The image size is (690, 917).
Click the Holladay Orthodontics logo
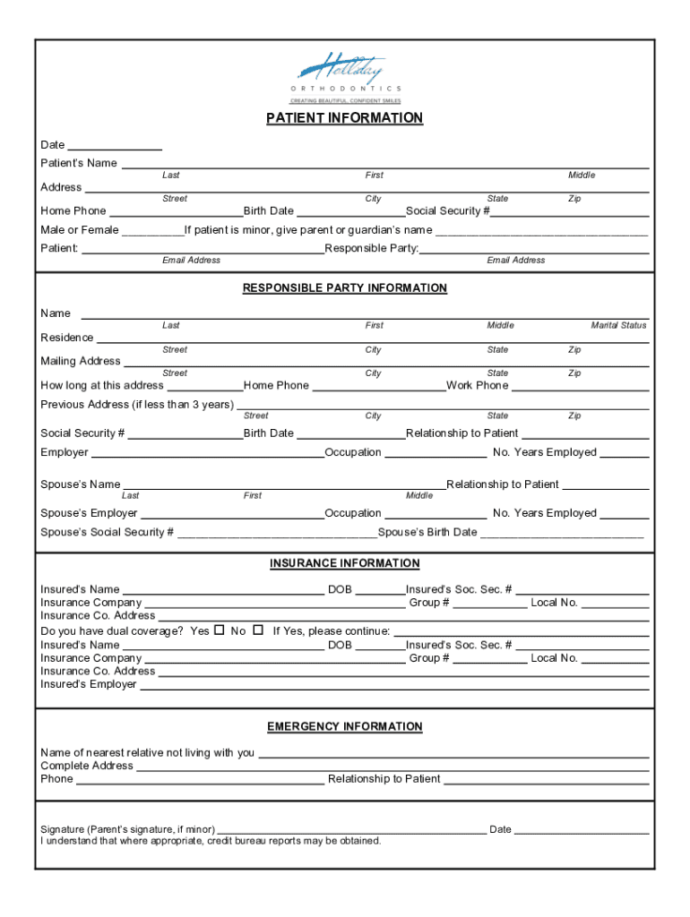pos(345,75)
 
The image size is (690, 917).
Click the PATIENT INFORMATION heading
pos(345,118)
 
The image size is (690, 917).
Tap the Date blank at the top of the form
pos(115,145)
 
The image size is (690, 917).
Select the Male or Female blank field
pos(152,231)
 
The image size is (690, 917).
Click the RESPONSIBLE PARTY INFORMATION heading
pos(345,288)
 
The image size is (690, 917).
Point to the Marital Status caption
pos(618,326)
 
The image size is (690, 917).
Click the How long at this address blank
pos(205,386)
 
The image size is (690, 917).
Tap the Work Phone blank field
pos(580,386)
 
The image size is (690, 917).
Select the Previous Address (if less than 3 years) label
pos(137,405)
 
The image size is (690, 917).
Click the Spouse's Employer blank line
pos(232,514)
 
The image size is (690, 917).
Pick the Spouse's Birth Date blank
pos(562,533)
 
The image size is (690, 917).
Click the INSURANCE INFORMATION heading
pos(345,563)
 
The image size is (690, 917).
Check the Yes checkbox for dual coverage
pos(219,630)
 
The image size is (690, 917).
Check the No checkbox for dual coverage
pos(258,630)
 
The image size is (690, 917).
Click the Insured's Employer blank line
pos(394,685)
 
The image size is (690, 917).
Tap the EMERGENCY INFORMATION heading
pos(345,727)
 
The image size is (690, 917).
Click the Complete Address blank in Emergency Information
pos(392,767)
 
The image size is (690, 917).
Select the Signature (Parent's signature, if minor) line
pos(351,830)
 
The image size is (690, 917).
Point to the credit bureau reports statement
pos(211,841)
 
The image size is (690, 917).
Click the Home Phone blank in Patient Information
pos(176,212)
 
